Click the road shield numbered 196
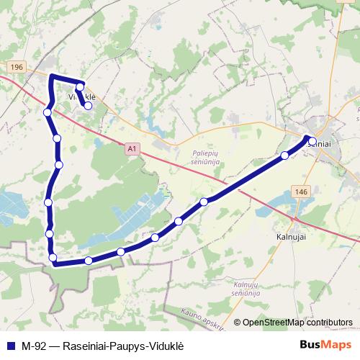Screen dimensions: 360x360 pos(17,67)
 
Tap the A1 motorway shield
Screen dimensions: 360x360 pos(130,149)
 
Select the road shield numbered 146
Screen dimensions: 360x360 pos(301,192)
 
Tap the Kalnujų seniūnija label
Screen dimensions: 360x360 pos(246,289)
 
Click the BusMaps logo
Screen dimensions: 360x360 pos(326,345)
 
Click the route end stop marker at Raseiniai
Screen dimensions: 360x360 pos(312,141)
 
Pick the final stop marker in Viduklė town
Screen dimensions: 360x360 pos(88,105)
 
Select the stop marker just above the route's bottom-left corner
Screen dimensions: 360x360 pos(53,258)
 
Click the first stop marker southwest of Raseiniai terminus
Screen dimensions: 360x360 pos(285,156)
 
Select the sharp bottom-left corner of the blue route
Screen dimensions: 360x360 pos(54,264)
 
